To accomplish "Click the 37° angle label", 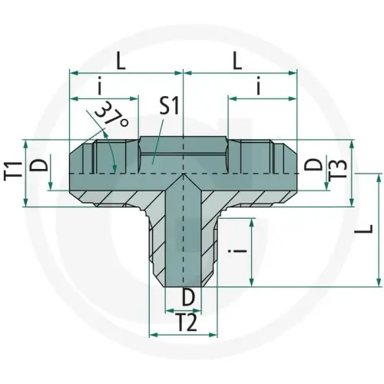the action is [112, 114].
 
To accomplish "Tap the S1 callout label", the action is [169, 106].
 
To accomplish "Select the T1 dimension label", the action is [10, 170].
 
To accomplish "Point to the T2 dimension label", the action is [187, 323].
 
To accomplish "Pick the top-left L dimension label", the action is [121, 61].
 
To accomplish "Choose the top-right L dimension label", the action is [237, 61].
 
